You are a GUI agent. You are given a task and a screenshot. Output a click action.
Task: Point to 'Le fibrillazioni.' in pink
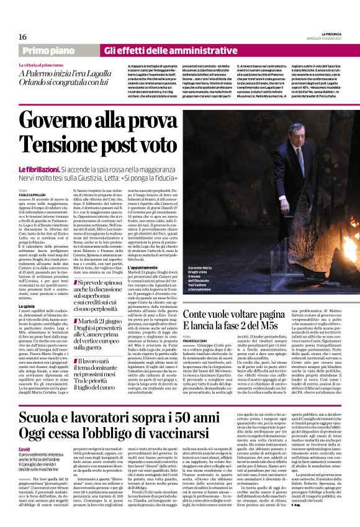(x=40, y=168)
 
